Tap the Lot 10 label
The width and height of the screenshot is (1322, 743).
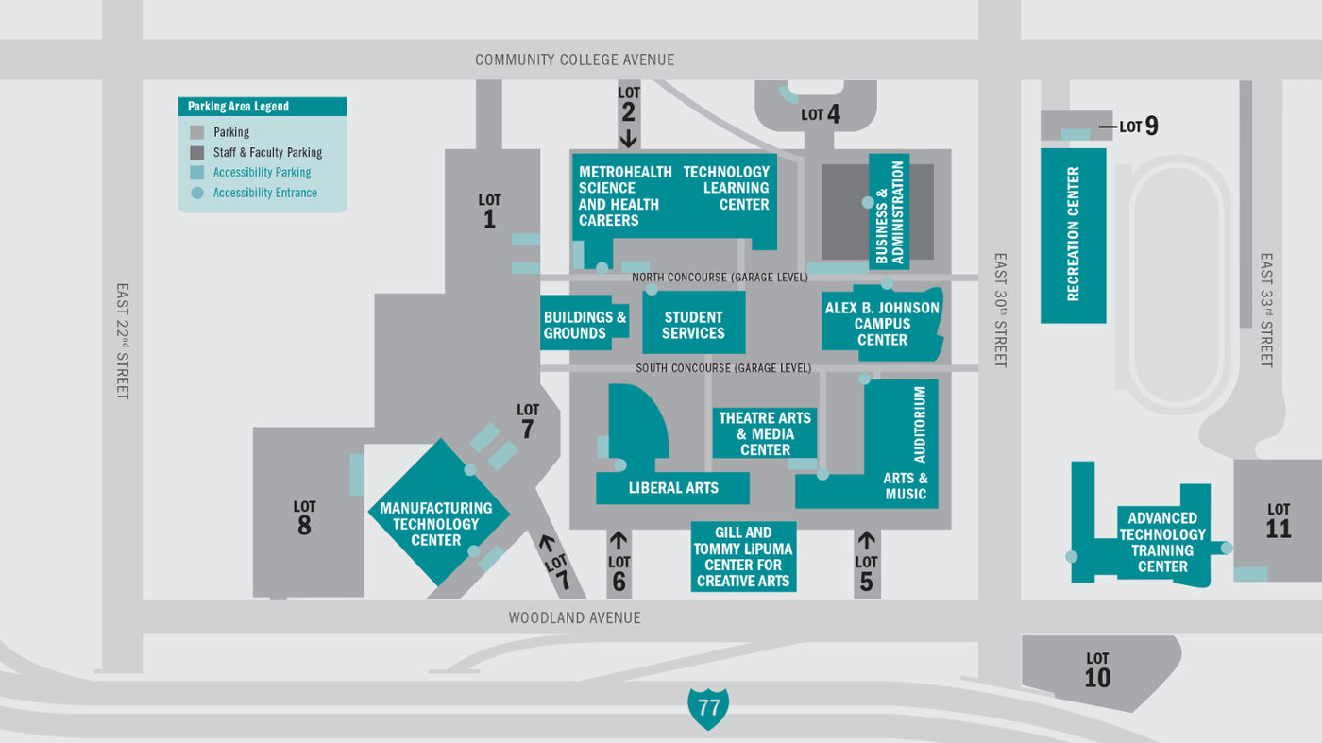point(1097,670)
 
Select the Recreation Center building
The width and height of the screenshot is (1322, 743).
point(1073,235)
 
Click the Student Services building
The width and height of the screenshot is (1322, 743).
point(693,323)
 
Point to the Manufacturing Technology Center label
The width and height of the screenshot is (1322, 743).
point(436,524)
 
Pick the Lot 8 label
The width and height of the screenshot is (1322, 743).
point(304,518)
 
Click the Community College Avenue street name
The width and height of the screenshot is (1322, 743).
point(574,60)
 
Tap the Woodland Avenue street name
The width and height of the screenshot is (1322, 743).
point(574,618)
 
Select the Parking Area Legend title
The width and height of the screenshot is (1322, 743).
point(239,107)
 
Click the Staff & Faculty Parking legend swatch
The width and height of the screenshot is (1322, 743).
point(196,153)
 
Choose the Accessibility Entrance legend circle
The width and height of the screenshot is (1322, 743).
point(196,193)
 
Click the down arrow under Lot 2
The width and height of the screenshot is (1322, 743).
point(628,137)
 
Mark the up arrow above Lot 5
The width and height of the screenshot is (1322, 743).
point(866,541)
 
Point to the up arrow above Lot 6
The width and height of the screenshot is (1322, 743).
point(619,541)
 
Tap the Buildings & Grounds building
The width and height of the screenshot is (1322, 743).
point(585,325)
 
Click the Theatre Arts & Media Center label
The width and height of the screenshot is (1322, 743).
point(765,434)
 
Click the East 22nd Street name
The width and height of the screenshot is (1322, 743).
point(123,341)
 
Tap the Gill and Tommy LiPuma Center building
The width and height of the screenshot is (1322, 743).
point(743,557)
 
